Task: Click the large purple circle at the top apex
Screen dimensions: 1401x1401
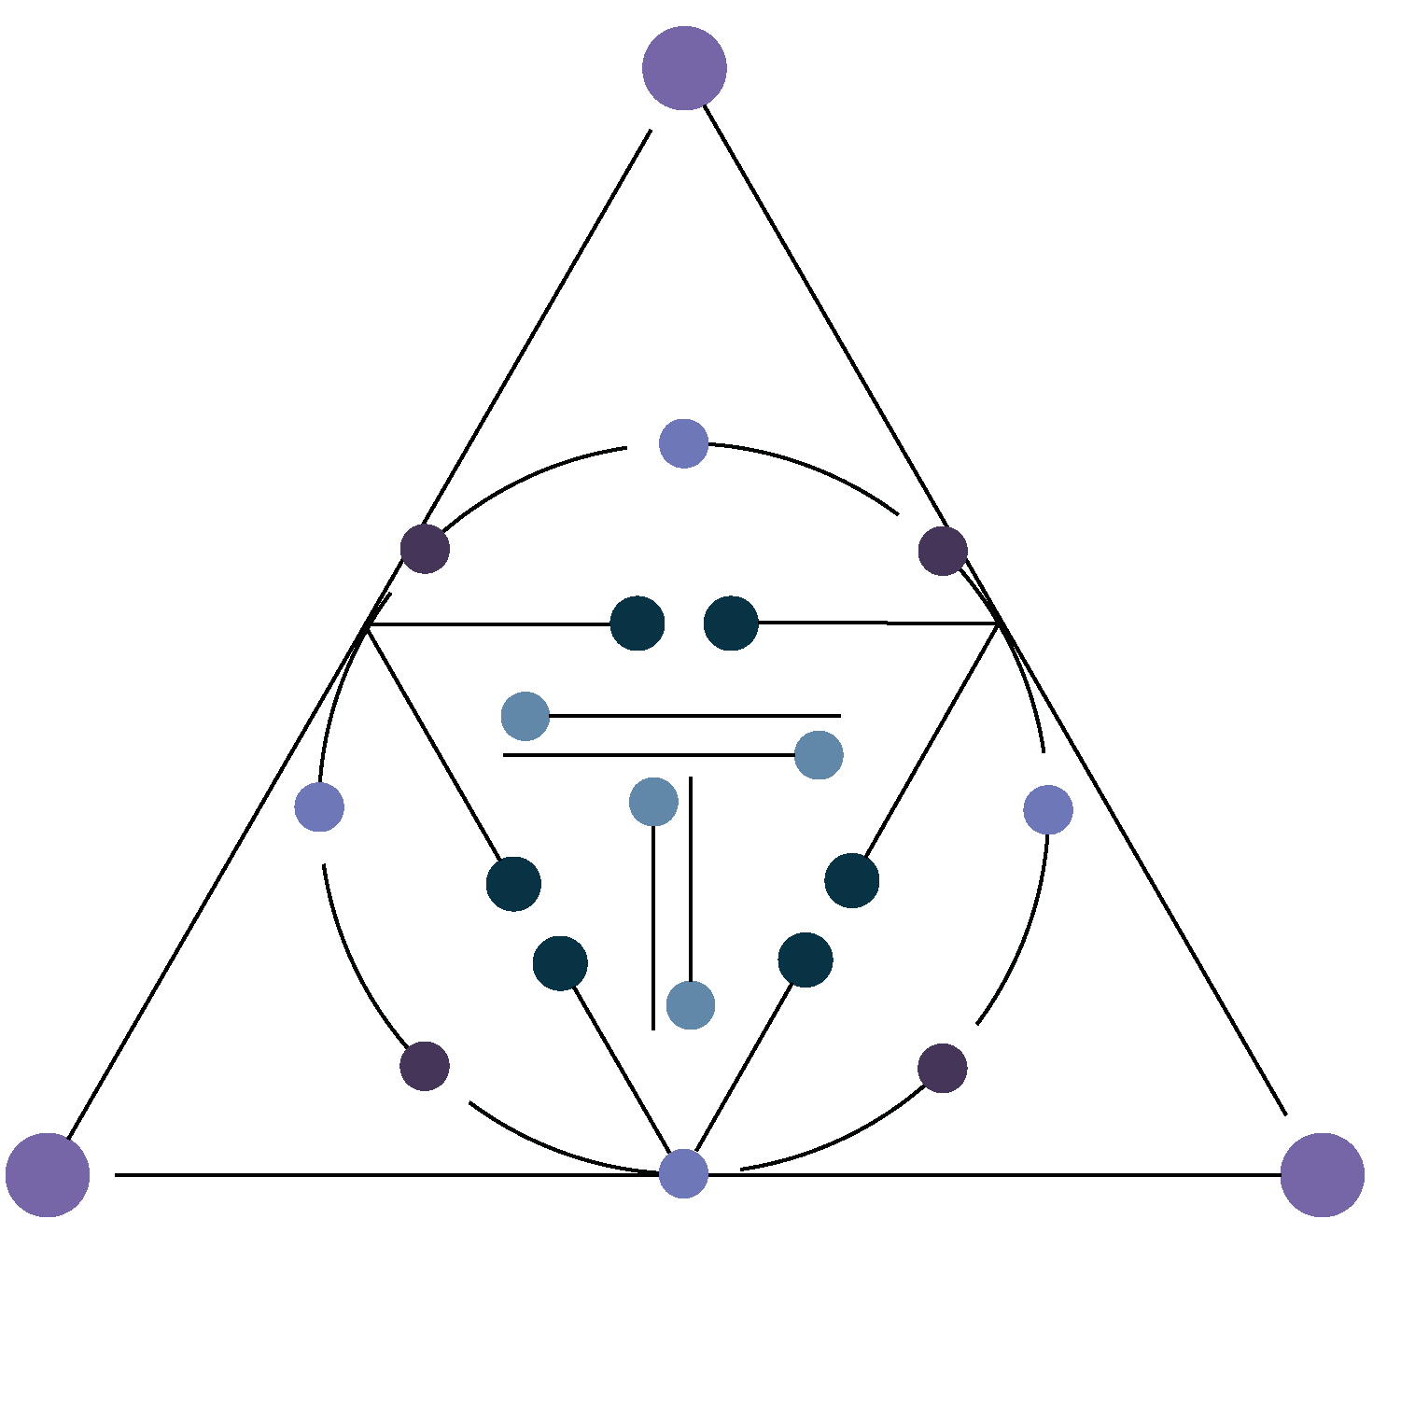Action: (684, 68)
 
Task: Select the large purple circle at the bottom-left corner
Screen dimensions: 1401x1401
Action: (48, 1174)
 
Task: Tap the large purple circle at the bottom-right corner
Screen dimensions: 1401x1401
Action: (1322, 1174)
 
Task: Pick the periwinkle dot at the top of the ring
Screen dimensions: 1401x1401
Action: (683, 443)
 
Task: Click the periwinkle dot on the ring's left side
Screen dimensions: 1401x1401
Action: (319, 806)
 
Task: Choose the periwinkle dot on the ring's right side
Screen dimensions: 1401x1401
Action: (1047, 809)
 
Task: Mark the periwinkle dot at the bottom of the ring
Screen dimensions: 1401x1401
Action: (683, 1173)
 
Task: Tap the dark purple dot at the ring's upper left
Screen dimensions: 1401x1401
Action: (425, 549)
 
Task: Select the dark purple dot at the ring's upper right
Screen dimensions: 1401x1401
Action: (943, 551)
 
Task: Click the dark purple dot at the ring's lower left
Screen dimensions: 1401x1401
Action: (425, 1065)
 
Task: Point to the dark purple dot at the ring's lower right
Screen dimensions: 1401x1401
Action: (942, 1068)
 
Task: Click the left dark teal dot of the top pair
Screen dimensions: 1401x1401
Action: (637, 623)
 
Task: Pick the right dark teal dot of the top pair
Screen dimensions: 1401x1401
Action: (731, 623)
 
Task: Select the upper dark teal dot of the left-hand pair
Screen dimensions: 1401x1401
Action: (513, 883)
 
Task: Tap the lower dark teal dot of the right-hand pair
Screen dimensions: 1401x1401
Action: (805, 959)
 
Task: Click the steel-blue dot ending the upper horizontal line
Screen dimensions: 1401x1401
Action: (525, 716)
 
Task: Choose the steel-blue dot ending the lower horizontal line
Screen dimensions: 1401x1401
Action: (819, 754)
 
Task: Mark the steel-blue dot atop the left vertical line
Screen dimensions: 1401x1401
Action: (653, 802)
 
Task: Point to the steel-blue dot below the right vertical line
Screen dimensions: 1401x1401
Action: (691, 1005)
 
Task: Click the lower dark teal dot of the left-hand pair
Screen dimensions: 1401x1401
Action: (560, 962)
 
